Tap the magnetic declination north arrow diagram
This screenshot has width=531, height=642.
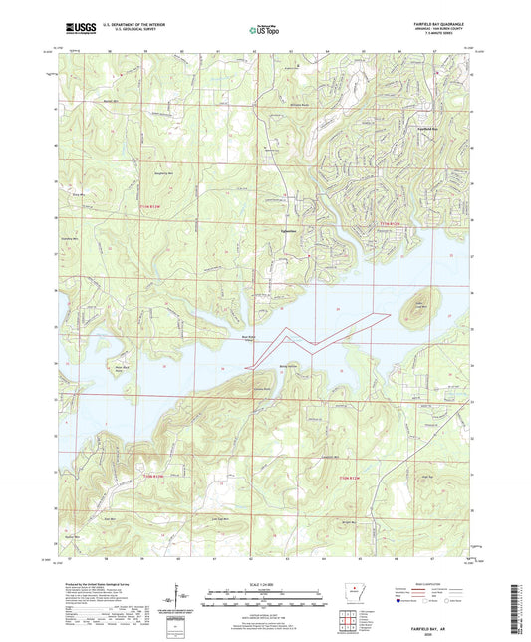(x=185, y=598)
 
